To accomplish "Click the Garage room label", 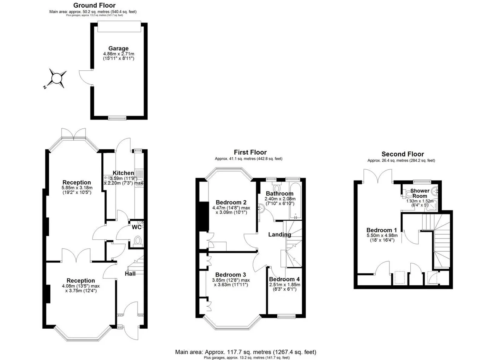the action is point(118,48).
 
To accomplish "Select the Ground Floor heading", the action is point(94,5).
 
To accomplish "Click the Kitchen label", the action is point(123,173).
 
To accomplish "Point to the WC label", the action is point(137,227).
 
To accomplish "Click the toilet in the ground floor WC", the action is point(138,241).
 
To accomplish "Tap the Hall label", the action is point(130,274).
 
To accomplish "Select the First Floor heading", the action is point(250,152).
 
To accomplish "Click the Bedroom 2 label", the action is point(231,202).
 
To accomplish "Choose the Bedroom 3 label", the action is point(230,275).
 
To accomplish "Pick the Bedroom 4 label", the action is point(284,279).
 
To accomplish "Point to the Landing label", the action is point(280,235).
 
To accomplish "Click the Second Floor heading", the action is point(403,154).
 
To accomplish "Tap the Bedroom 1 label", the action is point(382,230).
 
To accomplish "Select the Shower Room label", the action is point(420,193).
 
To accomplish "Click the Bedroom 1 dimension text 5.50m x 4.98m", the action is point(382,235).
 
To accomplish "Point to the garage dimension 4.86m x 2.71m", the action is point(119,54).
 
